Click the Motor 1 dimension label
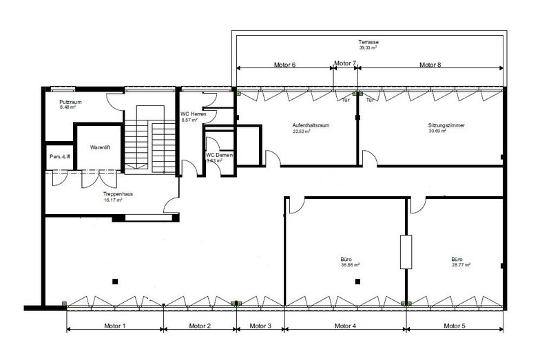pos(114,326)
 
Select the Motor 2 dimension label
pos(199,326)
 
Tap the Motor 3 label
pos(260,326)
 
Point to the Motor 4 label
pos(344,326)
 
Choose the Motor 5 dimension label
pos(455,326)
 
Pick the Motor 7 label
pos(344,63)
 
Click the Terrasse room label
pos(368,43)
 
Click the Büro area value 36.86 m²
pos(351,264)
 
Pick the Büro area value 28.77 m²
pos(461,264)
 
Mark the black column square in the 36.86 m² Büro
pos(357,281)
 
